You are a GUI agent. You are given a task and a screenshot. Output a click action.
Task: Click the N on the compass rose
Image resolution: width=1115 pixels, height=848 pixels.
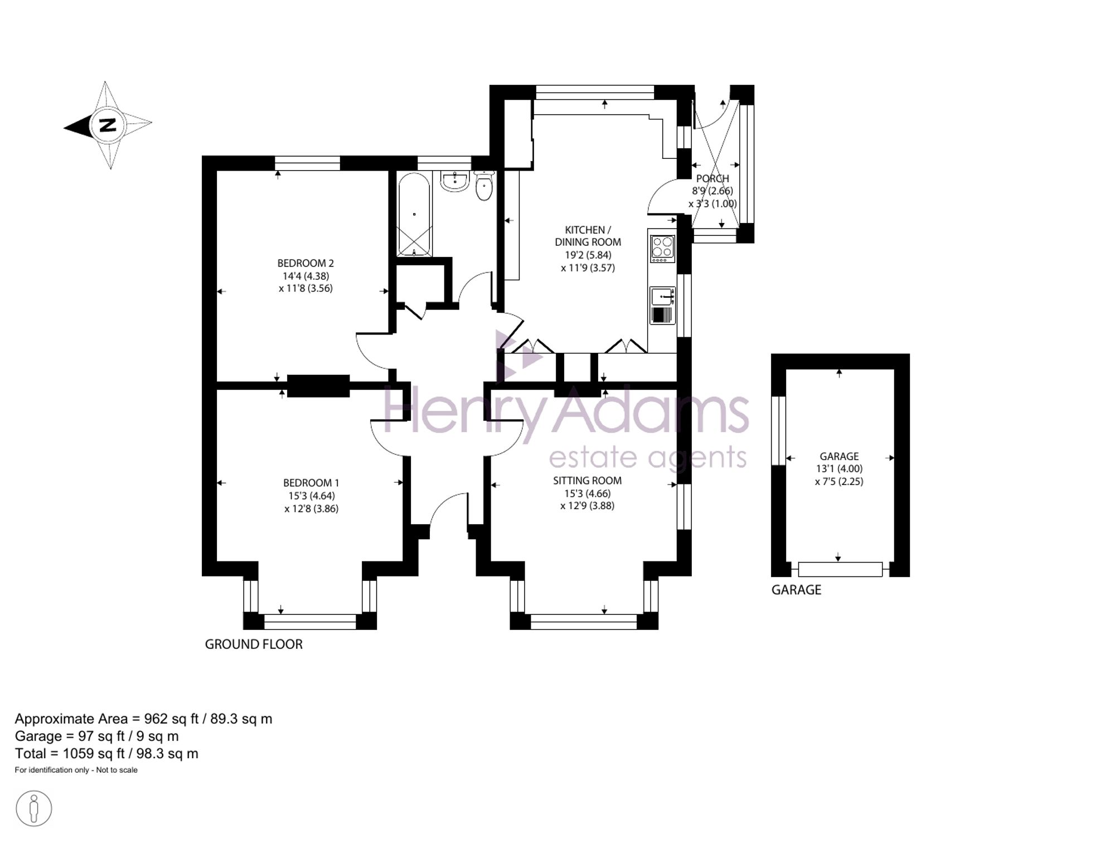[108, 125]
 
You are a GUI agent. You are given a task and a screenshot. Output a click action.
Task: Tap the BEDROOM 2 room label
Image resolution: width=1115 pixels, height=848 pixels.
[306, 263]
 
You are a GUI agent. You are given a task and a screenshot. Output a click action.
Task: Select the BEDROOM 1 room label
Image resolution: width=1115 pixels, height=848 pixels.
[311, 483]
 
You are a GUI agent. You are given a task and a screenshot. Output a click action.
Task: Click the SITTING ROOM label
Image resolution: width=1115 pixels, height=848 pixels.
[587, 481]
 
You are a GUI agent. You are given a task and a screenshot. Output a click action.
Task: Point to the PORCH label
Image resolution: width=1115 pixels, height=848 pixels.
[712, 178]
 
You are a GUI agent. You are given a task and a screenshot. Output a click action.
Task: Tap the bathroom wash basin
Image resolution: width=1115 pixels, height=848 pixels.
[455, 181]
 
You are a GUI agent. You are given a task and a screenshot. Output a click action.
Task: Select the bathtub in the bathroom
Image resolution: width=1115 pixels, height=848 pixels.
[414, 214]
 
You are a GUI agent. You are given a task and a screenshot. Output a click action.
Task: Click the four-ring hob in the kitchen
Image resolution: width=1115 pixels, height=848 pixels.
[662, 249]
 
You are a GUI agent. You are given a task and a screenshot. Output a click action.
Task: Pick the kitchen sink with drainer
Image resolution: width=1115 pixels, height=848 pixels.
[662, 306]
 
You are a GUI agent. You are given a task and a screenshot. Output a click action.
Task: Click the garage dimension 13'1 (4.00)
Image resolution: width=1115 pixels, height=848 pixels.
[839, 469]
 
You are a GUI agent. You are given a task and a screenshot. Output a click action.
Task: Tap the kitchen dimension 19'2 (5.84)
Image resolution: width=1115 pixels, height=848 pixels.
[588, 255]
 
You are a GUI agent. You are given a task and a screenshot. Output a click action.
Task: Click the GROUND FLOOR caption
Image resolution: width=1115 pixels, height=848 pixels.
[254, 645]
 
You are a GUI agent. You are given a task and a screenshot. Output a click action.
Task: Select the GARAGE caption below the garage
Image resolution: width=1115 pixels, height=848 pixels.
[796, 590]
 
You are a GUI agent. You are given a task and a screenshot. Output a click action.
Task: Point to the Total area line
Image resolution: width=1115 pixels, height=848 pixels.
[106, 754]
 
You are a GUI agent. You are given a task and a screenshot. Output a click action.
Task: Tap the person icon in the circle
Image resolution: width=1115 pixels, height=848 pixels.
[34, 808]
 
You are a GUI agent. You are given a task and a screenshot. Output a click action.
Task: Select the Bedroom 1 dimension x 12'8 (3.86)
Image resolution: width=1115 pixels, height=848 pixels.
[311, 508]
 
